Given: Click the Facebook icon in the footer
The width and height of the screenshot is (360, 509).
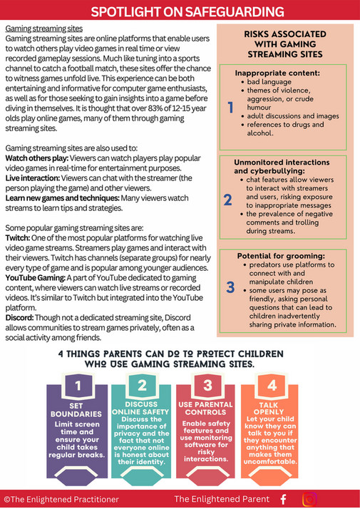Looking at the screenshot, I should click(x=284, y=499).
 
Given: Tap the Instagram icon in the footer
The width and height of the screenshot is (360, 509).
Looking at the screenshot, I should click(x=309, y=499).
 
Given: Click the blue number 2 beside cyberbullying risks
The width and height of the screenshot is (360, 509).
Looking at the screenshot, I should click(x=227, y=198).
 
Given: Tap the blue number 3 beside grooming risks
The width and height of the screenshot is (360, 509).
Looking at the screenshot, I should click(x=230, y=287).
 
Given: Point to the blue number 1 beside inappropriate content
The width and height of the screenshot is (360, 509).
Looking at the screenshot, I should click(x=230, y=108).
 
